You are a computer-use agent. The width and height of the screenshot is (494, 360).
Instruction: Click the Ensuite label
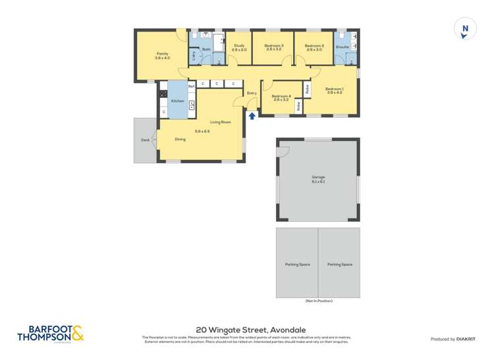(x=342, y=47)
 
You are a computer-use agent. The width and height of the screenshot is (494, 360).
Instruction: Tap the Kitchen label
(x=177, y=101)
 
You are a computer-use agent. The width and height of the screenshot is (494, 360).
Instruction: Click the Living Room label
(x=220, y=122)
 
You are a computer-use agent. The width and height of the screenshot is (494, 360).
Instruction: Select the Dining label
(x=180, y=139)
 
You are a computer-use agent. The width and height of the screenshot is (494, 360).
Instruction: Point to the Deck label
(x=144, y=140)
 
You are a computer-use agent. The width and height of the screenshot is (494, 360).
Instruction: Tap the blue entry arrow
(x=252, y=116)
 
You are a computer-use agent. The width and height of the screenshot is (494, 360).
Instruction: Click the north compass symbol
(x=465, y=29)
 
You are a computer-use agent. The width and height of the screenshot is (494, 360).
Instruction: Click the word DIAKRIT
(x=464, y=339)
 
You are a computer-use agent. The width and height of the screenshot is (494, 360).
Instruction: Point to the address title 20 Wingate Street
(x=251, y=330)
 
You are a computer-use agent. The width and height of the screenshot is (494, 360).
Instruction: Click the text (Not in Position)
(x=318, y=301)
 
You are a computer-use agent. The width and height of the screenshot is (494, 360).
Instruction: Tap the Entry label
(x=251, y=93)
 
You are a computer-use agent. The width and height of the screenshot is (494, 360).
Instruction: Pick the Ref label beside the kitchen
(x=191, y=86)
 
